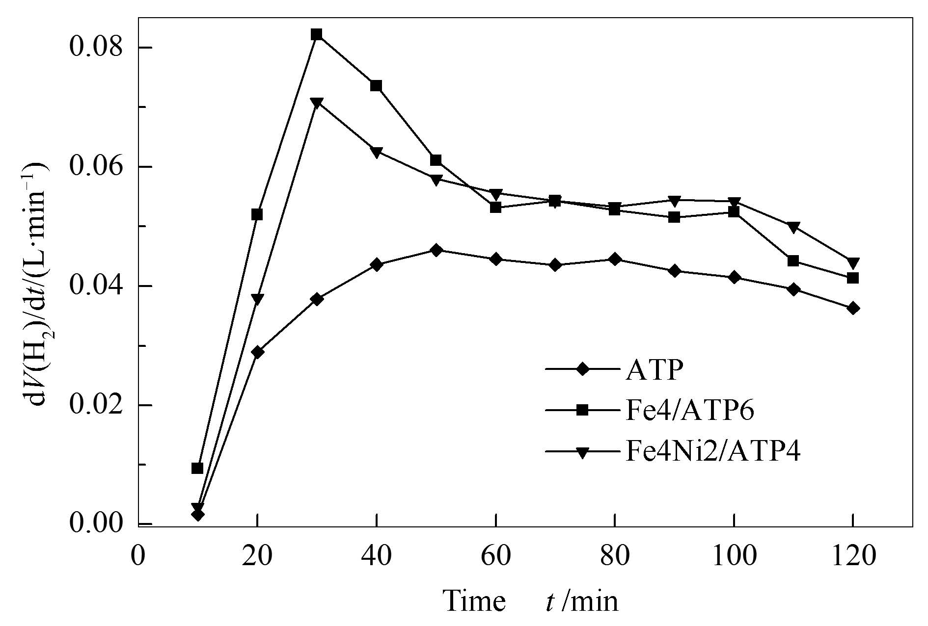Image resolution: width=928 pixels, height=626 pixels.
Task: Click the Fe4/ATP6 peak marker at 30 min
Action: pos(317,34)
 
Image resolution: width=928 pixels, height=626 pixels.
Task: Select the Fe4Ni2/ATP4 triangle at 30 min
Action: pos(317,103)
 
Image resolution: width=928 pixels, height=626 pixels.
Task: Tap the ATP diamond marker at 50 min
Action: pos(436,250)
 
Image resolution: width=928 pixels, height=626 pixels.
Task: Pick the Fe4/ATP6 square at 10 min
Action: pos(197,468)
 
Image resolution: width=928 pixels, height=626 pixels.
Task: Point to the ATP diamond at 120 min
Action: pos(853,308)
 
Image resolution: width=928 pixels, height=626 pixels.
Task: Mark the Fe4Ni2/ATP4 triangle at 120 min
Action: pos(853,262)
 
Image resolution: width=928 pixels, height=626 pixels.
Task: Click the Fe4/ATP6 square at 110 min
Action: pos(793,261)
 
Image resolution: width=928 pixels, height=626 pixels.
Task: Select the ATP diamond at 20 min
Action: pos(257,352)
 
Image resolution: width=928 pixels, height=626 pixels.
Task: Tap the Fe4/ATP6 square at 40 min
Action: pos(376,86)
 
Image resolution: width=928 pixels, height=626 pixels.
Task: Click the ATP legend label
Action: pos(654,370)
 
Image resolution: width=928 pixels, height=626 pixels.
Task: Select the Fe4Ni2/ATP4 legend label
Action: pos(712,452)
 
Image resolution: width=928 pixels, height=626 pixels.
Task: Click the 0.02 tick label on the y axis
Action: pos(97,405)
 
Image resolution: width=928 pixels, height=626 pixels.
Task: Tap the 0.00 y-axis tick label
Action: pos(97,523)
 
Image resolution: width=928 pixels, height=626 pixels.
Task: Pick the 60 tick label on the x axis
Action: pos(496,557)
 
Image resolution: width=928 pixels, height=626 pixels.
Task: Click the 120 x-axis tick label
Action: pos(853,557)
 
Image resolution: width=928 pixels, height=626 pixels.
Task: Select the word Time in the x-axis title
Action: pos(474,600)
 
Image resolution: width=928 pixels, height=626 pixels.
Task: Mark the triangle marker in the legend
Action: pos(583,452)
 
